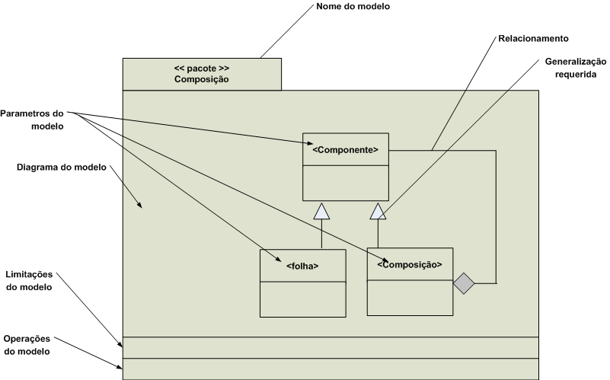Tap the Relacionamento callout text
pos(533,37)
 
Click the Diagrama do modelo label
pos(62,167)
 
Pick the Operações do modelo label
pos(27,345)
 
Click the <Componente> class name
pos(346,150)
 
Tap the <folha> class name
pos(302,266)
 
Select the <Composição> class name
pos(410,264)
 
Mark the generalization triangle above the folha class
pos(321,212)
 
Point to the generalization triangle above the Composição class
pos(378,212)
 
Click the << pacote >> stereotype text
pos(201,68)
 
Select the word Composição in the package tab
pos(201,78)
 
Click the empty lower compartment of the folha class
pos(302,299)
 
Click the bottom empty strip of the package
pos(331,368)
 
